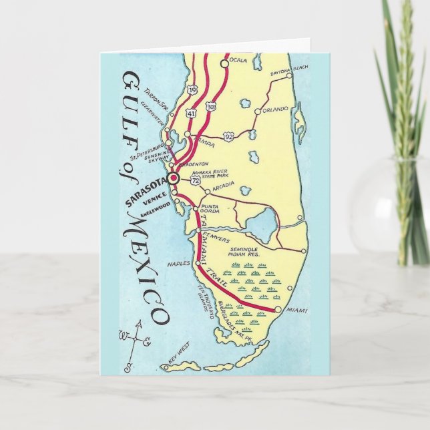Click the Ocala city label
tap(238, 61)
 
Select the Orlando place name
tap(274, 109)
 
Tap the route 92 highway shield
tap(228, 136)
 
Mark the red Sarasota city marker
tap(173, 178)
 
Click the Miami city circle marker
tap(278, 310)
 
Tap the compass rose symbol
tap(132, 337)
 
